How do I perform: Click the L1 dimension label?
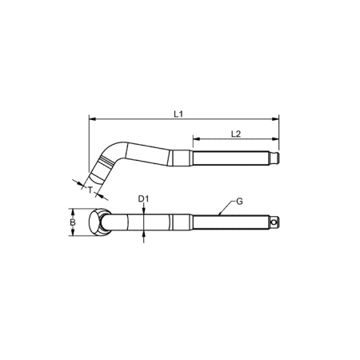coord(179,114)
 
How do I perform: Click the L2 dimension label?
coord(237,133)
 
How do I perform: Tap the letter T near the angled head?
coord(90,191)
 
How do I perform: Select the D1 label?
coord(144,198)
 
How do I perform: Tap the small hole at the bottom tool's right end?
coord(274,222)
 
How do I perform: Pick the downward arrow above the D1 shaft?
coord(144,210)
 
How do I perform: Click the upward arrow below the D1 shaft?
coord(144,235)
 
